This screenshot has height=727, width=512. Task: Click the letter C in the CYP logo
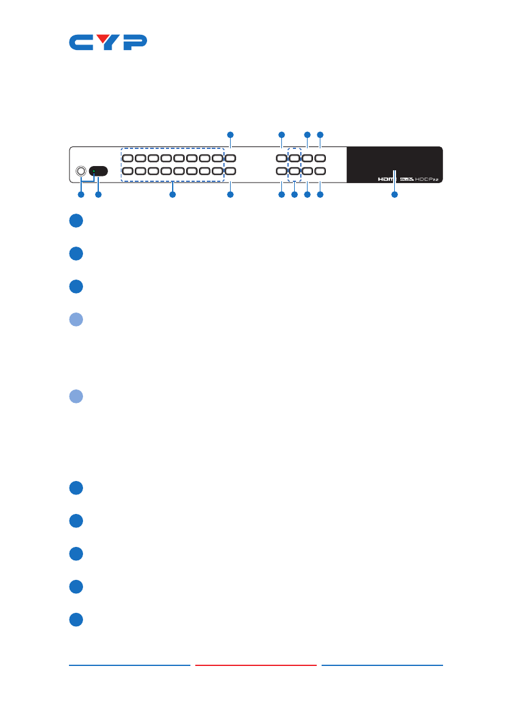pos(81,43)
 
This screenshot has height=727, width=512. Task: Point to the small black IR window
pos(99,172)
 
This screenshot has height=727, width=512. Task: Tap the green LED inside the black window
pos(93,172)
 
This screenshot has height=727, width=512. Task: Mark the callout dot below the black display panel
pos(394,195)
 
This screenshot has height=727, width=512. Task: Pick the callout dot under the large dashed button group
pos(172,195)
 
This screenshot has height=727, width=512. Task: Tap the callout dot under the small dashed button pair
pos(294,195)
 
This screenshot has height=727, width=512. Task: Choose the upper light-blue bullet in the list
pos(76,320)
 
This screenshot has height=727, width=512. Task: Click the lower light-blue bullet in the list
pos(76,397)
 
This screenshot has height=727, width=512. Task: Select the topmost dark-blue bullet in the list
pos(76,222)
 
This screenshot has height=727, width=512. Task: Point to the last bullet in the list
pos(76,620)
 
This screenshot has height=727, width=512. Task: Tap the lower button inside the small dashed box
pos(294,172)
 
